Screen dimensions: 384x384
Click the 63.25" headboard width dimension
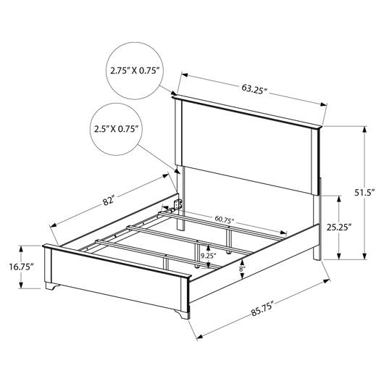coord(254,89)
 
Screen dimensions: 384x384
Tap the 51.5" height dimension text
coord(365,192)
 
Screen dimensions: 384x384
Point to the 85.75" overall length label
coord(262,309)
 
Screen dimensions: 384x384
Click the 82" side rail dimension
coord(109,200)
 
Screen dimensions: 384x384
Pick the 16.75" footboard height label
coord(22,267)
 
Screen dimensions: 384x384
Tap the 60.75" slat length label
coord(225,220)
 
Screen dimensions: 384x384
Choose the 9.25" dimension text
coord(209,256)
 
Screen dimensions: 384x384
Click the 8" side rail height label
coord(242,269)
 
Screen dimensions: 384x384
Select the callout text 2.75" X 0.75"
coord(135,71)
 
